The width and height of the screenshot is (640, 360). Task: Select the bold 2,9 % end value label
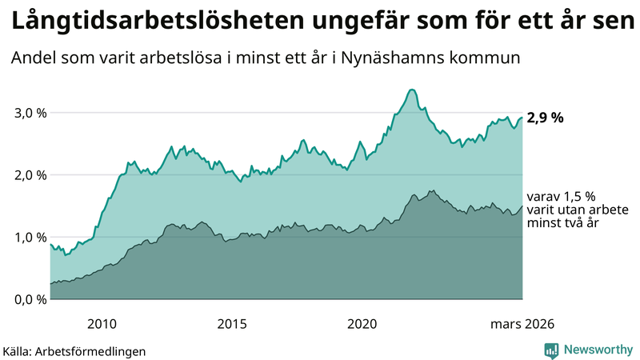coord(545,118)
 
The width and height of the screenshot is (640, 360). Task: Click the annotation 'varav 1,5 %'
coord(562,197)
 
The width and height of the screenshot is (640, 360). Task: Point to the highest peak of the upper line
coord(411,90)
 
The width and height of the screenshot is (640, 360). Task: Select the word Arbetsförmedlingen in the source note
coord(96,350)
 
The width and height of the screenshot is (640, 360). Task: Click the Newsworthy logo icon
coord(551,350)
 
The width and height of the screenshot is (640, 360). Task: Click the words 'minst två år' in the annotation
coord(563,223)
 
